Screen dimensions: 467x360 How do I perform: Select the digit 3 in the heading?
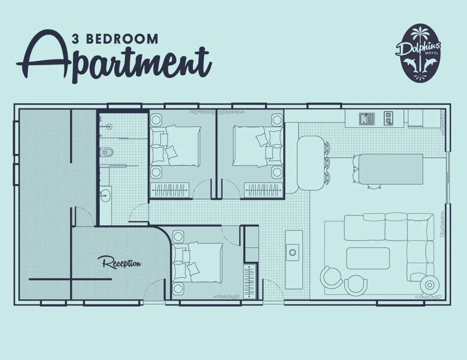click(75, 39)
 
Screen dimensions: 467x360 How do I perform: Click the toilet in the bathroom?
click(106, 152)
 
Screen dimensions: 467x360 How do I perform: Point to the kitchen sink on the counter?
click(366, 119)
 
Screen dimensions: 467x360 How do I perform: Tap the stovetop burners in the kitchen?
click(388, 118)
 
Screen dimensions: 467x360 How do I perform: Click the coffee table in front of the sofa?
click(368, 258)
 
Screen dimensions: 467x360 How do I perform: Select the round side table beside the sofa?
click(430, 285)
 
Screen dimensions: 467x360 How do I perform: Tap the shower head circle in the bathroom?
click(109, 127)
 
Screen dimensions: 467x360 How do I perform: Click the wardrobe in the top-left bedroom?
click(169, 190)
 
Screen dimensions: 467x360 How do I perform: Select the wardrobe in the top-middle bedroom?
click(263, 190)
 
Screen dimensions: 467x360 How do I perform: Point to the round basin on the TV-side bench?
click(292, 252)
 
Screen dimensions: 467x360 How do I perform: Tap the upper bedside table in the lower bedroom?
click(178, 236)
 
